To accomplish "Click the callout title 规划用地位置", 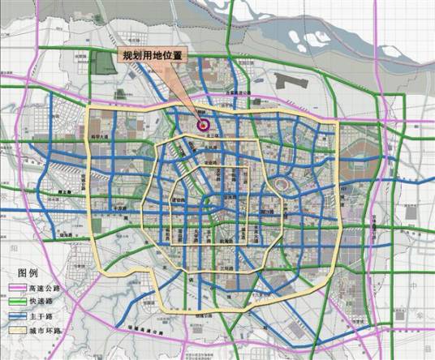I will pyautogui.click(x=153, y=56).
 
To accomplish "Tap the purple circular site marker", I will pyautogui.click(x=203, y=126).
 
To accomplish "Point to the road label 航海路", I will pyautogui.click(x=228, y=242).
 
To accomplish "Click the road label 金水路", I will pyautogui.click(x=230, y=197).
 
